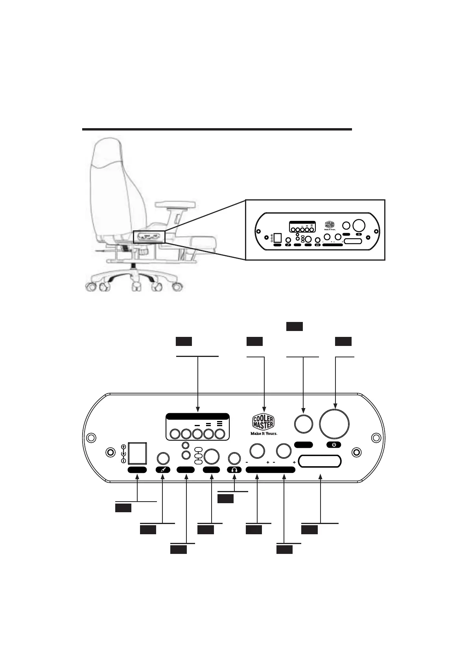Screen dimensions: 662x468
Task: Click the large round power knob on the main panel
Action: point(334,424)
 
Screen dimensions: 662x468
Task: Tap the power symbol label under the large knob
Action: point(334,445)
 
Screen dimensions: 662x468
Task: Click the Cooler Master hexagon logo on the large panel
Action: point(263,422)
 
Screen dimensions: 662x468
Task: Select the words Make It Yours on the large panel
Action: point(264,434)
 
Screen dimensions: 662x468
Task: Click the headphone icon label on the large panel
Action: point(234,470)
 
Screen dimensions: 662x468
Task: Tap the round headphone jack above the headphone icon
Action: point(234,458)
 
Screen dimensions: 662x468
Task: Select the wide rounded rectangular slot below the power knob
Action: point(320,462)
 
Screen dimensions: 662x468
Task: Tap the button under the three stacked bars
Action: point(219,434)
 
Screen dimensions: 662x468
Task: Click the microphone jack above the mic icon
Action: point(163,458)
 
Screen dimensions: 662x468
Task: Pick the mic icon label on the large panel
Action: point(163,470)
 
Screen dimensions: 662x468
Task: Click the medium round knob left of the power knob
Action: point(304,424)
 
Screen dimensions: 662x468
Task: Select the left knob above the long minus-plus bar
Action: point(257,451)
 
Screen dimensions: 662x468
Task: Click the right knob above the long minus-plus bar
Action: point(283,451)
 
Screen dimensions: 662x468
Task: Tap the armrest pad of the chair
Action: point(175,204)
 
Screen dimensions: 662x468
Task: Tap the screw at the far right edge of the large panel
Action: point(376,438)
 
